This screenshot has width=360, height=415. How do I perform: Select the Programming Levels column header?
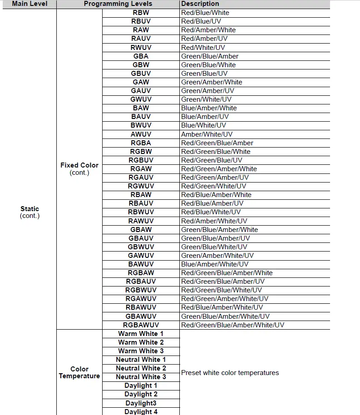tap(118, 4)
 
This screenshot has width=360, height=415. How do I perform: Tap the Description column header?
tap(200, 4)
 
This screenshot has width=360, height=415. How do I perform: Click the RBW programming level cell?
tap(141, 13)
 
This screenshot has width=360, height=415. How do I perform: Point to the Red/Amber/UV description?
tap(204, 39)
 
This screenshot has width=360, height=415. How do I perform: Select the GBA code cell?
tap(141, 56)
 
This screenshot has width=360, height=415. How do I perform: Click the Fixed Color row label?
tap(79, 165)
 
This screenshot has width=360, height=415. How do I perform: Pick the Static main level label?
tap(30, 209)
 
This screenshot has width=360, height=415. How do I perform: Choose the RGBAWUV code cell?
tap(141, 325)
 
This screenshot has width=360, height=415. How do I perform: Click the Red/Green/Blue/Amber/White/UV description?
tap(232, 325)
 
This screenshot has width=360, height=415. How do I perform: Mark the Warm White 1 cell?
tap(141, 334)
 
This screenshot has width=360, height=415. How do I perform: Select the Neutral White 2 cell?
tap(141, 368)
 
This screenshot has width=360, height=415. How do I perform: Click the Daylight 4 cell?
tap(141, 411)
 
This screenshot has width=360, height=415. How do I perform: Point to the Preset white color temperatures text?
tap(230, 373)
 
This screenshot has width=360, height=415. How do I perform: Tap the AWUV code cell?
tap(141, 134)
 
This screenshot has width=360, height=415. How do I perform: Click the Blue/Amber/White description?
tap(209, 108)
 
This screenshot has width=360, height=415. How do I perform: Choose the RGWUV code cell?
tap(141, 186)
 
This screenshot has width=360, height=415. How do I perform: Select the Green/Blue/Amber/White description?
tap(219, 230)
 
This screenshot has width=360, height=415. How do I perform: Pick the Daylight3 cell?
tap(141, 403)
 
